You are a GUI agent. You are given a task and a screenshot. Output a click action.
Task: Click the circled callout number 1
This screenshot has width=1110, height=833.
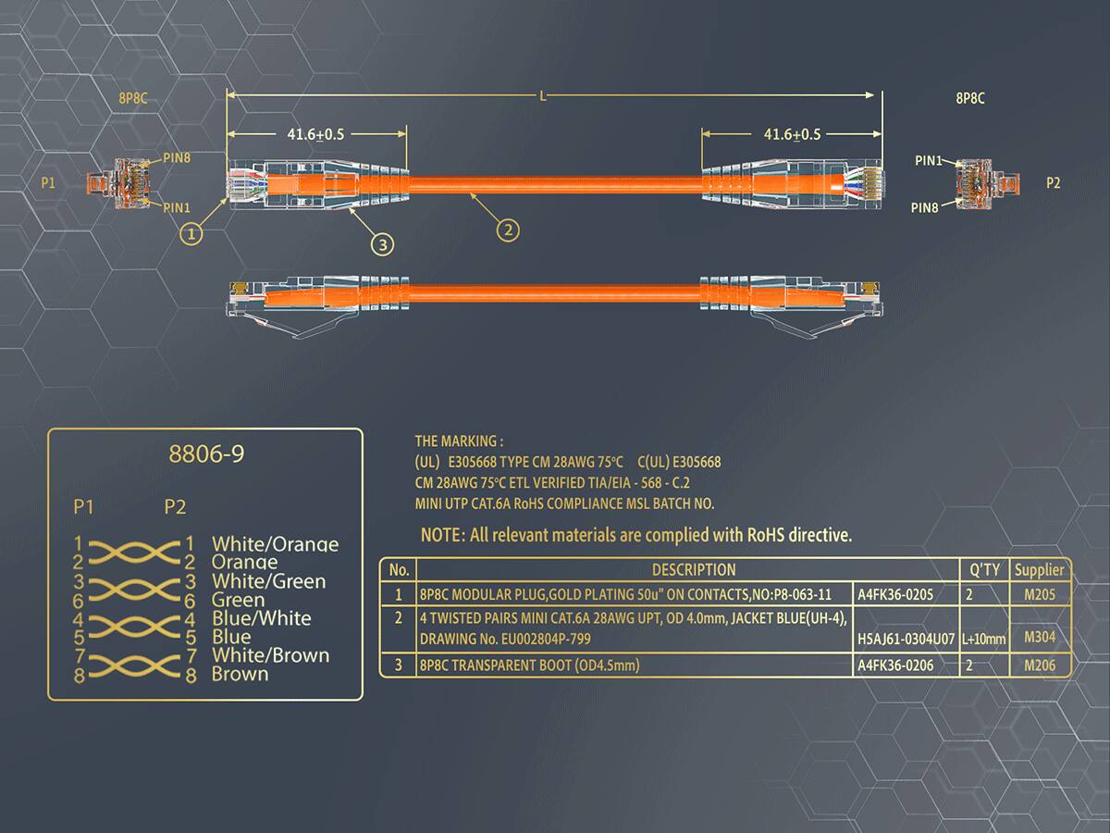[191, 234]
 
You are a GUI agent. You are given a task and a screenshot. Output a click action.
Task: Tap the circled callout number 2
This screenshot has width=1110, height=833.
[508, 230]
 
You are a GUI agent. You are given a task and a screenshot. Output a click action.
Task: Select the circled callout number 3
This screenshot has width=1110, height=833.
[383, 245]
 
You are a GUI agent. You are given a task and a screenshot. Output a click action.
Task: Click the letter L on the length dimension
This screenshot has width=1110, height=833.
[543, 95]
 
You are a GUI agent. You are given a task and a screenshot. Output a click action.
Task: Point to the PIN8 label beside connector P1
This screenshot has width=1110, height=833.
[177, 157]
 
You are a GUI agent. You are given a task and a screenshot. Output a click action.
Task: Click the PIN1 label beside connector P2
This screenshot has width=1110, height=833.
[929, 161]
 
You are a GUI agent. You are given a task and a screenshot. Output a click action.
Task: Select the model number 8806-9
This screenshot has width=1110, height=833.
[206, 454]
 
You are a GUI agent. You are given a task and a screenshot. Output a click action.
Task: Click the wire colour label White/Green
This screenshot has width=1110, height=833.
[268, 581]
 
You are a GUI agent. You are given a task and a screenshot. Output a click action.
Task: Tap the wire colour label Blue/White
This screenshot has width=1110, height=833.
[262, 618]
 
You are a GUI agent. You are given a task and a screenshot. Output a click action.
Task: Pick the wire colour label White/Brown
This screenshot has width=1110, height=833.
[270, 655]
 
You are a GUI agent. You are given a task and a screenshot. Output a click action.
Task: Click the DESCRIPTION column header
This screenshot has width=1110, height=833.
[694, 570]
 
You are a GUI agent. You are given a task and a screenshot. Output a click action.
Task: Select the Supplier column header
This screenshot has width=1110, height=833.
[1039, 570]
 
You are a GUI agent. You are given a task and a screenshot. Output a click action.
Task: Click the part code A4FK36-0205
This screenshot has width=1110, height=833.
[895, 595]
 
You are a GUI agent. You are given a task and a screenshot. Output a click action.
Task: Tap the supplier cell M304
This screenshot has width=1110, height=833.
[1040, 637]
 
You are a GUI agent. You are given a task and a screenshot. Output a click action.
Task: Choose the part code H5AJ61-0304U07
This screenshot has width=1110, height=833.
[906, 639]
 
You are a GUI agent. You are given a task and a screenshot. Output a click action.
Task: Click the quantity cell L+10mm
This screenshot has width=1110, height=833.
[983, 640]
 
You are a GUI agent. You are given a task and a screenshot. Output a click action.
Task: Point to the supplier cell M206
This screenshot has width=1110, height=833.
[1040, 665]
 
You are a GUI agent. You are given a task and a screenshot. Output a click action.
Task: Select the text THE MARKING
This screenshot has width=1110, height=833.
[456, 441]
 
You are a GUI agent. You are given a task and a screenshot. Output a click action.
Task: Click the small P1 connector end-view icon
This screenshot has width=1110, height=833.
[118, 183]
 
